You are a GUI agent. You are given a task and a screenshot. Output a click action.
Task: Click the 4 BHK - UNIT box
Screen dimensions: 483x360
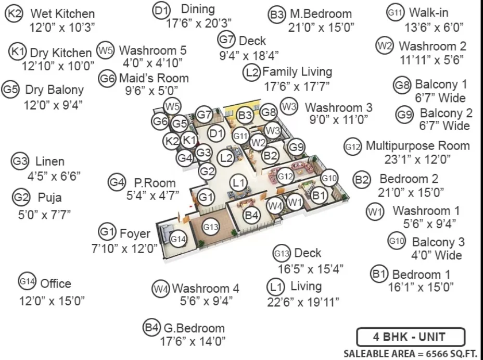click(411, 337)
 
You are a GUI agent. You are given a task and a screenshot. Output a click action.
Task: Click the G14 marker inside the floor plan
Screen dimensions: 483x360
click(178, 239)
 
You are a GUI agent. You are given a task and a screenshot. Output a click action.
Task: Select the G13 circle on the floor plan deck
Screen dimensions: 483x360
click(211, 227)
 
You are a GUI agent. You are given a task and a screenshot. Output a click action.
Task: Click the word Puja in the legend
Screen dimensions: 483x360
click(49, 198)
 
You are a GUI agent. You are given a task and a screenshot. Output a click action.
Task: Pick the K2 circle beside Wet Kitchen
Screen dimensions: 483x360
click(14, 13)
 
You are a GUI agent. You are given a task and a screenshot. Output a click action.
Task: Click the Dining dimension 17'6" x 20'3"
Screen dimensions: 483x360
click(199, 23)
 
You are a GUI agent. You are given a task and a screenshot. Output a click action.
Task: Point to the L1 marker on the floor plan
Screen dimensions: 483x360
click(239, 183)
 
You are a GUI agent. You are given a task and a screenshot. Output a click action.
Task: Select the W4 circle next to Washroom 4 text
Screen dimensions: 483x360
click(160, 289)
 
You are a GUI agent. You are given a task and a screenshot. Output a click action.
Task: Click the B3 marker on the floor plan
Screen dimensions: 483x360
click(245, 115)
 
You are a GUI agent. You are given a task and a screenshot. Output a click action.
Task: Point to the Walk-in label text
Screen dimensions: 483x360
click(428, 13)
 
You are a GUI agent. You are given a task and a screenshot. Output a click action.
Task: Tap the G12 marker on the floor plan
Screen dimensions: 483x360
click(285, 176)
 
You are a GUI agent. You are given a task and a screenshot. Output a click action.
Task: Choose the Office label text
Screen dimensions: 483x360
click(56, 283)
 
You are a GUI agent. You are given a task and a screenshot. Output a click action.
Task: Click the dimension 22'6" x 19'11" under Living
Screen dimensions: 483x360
click(303, 302)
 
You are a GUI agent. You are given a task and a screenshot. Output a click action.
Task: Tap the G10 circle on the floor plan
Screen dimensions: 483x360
click(329, 178)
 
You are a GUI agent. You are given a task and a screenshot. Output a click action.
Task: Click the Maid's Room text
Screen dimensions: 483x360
click(154, 78)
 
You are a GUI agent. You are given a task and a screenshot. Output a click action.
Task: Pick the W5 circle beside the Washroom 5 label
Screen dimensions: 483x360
click(105, 50)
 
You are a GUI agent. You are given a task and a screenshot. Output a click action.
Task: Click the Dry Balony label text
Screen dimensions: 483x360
click(55, 90)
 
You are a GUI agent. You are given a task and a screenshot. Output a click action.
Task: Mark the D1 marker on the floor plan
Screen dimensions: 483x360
click(216, 133)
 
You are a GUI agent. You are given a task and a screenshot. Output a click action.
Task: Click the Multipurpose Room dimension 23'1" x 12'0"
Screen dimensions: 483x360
click(417, 159)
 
